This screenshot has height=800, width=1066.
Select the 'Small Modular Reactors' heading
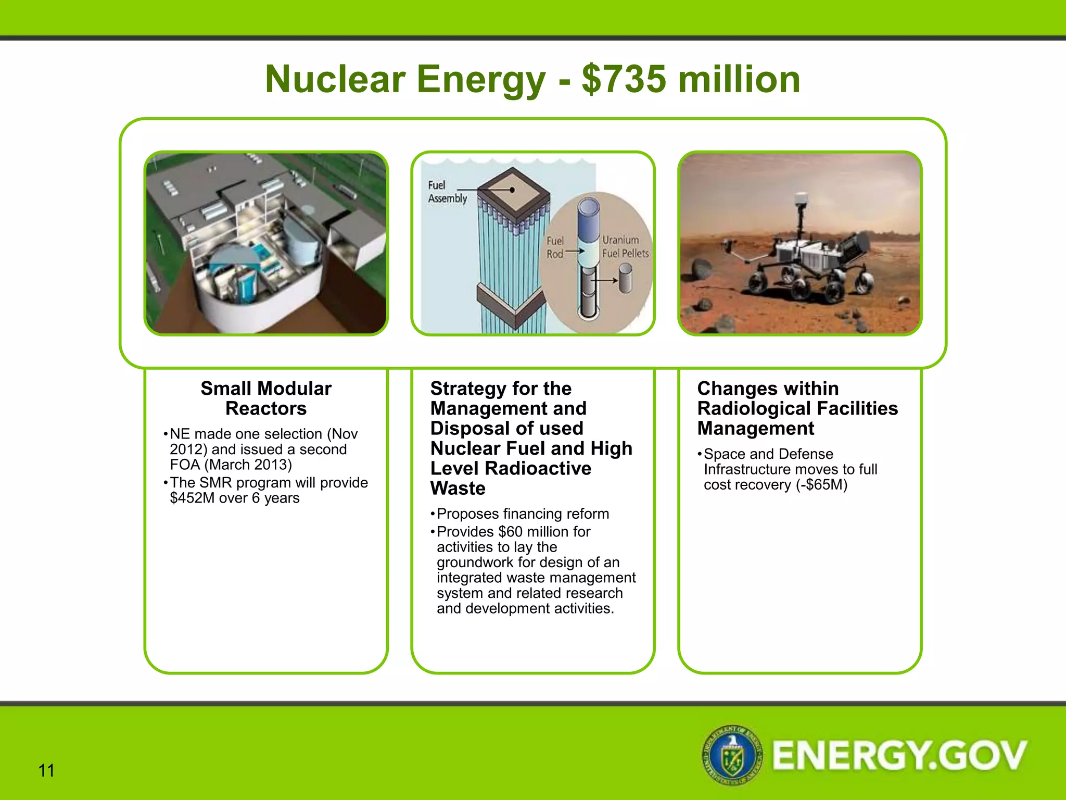tap(266, 398)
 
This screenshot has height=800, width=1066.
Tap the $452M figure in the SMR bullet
tap(192, 498)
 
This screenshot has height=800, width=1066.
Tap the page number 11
tap(46, 770)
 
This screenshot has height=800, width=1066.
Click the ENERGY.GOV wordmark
tap(899, 755)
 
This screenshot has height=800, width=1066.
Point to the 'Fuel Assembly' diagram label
tap(447, 192)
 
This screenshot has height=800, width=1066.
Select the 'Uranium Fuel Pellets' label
tap(625, 247)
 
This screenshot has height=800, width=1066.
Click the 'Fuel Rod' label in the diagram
tap(555, 247)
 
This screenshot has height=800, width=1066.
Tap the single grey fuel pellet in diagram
tap(625, 277)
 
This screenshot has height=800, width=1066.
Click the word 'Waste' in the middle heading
tap(458, 489)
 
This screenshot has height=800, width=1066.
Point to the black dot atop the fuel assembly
tap(512, 190)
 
